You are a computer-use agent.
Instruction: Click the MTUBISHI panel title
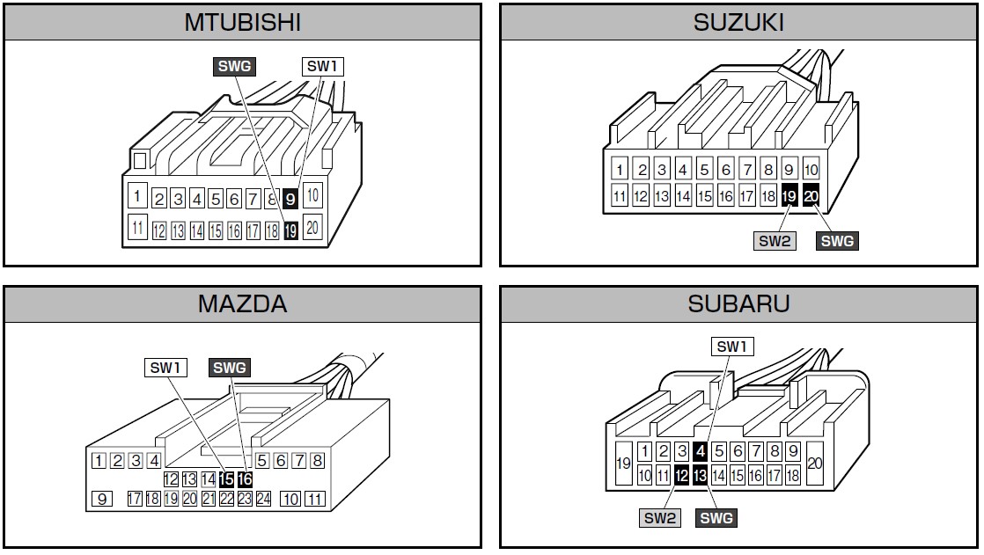242,22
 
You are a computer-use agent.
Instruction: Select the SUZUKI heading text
738,22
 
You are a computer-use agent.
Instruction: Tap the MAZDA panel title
242,304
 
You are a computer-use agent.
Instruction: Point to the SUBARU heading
738,304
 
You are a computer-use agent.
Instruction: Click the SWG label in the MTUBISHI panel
233,66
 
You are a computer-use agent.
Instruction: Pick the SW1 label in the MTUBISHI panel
323,66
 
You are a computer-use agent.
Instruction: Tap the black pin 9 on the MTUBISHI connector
290,199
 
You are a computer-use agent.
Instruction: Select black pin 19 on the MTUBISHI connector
290,230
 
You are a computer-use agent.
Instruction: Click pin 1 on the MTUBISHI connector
137,194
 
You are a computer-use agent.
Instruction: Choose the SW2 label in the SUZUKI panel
775,240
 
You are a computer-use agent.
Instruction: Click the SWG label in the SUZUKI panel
837,240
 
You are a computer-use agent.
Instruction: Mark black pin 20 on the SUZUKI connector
811,196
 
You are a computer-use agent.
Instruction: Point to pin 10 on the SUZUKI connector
811,170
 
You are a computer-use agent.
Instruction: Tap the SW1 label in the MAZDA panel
166,367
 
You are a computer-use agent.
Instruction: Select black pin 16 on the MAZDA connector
245,479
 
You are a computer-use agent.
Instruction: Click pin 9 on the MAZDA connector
102,499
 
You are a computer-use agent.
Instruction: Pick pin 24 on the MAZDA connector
263,499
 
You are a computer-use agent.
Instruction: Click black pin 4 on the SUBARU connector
701,451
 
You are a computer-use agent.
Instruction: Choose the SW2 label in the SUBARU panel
661,518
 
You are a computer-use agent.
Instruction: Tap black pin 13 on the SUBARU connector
701,476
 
